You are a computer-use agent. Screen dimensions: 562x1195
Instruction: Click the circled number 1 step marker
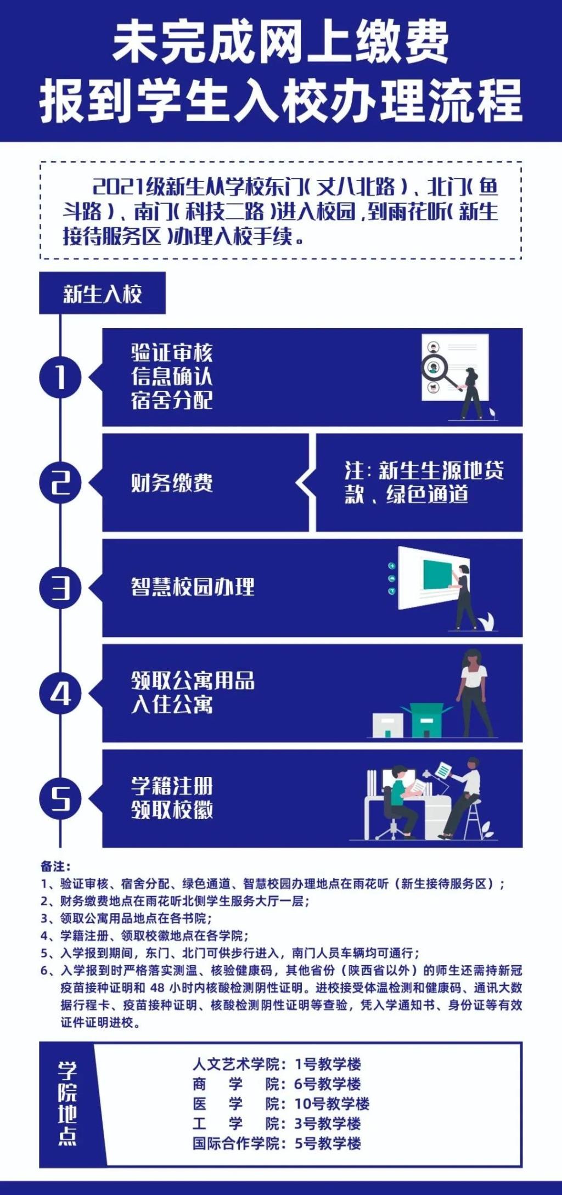pyautogui.click(x=60, y=377)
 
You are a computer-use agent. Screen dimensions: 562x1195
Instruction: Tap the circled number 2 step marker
pyautogui.click(x=60, y=482)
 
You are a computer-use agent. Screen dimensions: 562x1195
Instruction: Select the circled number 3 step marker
pyautogui.click(x=60, y=588)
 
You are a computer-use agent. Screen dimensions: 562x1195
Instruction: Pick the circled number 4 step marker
pyautogui.click(x=60, y=694)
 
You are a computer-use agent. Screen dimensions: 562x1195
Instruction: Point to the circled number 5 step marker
pyautogui.click(x=60, y=799)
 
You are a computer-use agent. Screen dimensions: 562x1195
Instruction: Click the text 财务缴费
pyautogui.click(x=172, y=483)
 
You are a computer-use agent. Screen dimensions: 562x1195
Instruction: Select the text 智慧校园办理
pyautogui.click(x=193, y=587)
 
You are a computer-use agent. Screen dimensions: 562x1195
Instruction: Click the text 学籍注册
pyautogui.click(x=172, y=786)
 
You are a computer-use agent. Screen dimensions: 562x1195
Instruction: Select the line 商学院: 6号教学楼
pyautogui.click(x=277, y=1084)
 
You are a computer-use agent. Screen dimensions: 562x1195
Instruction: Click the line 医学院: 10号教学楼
pyautogui.click(x=281, y=1104)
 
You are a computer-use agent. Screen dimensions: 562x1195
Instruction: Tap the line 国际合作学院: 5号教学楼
pyautogui.click(x=277, y=1143)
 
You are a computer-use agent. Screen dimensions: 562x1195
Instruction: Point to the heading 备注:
pyautogui.click(x=55, y=867)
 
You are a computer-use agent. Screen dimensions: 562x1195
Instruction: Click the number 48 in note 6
pyautogui.click(x=157, y=988)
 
